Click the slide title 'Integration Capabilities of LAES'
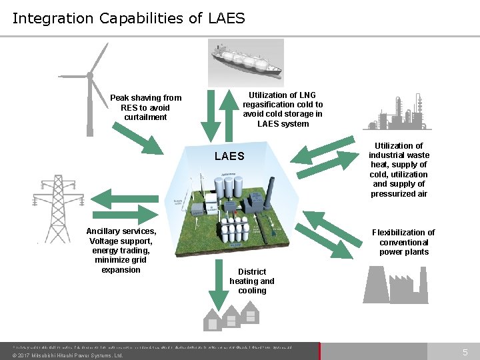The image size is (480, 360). tap(129, 18)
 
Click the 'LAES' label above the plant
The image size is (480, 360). tap(229, 156)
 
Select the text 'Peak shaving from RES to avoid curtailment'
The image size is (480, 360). tap(145, 107)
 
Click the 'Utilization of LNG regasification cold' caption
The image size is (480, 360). tap(283, 109)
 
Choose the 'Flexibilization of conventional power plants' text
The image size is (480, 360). tap(403, 242)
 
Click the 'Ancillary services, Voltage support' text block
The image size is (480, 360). tap(121, 250)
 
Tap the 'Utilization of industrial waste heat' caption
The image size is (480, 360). tap(399, 169)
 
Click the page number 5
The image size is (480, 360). tap(465, 351)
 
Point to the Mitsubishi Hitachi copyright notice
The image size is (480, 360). tap(68, 355)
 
